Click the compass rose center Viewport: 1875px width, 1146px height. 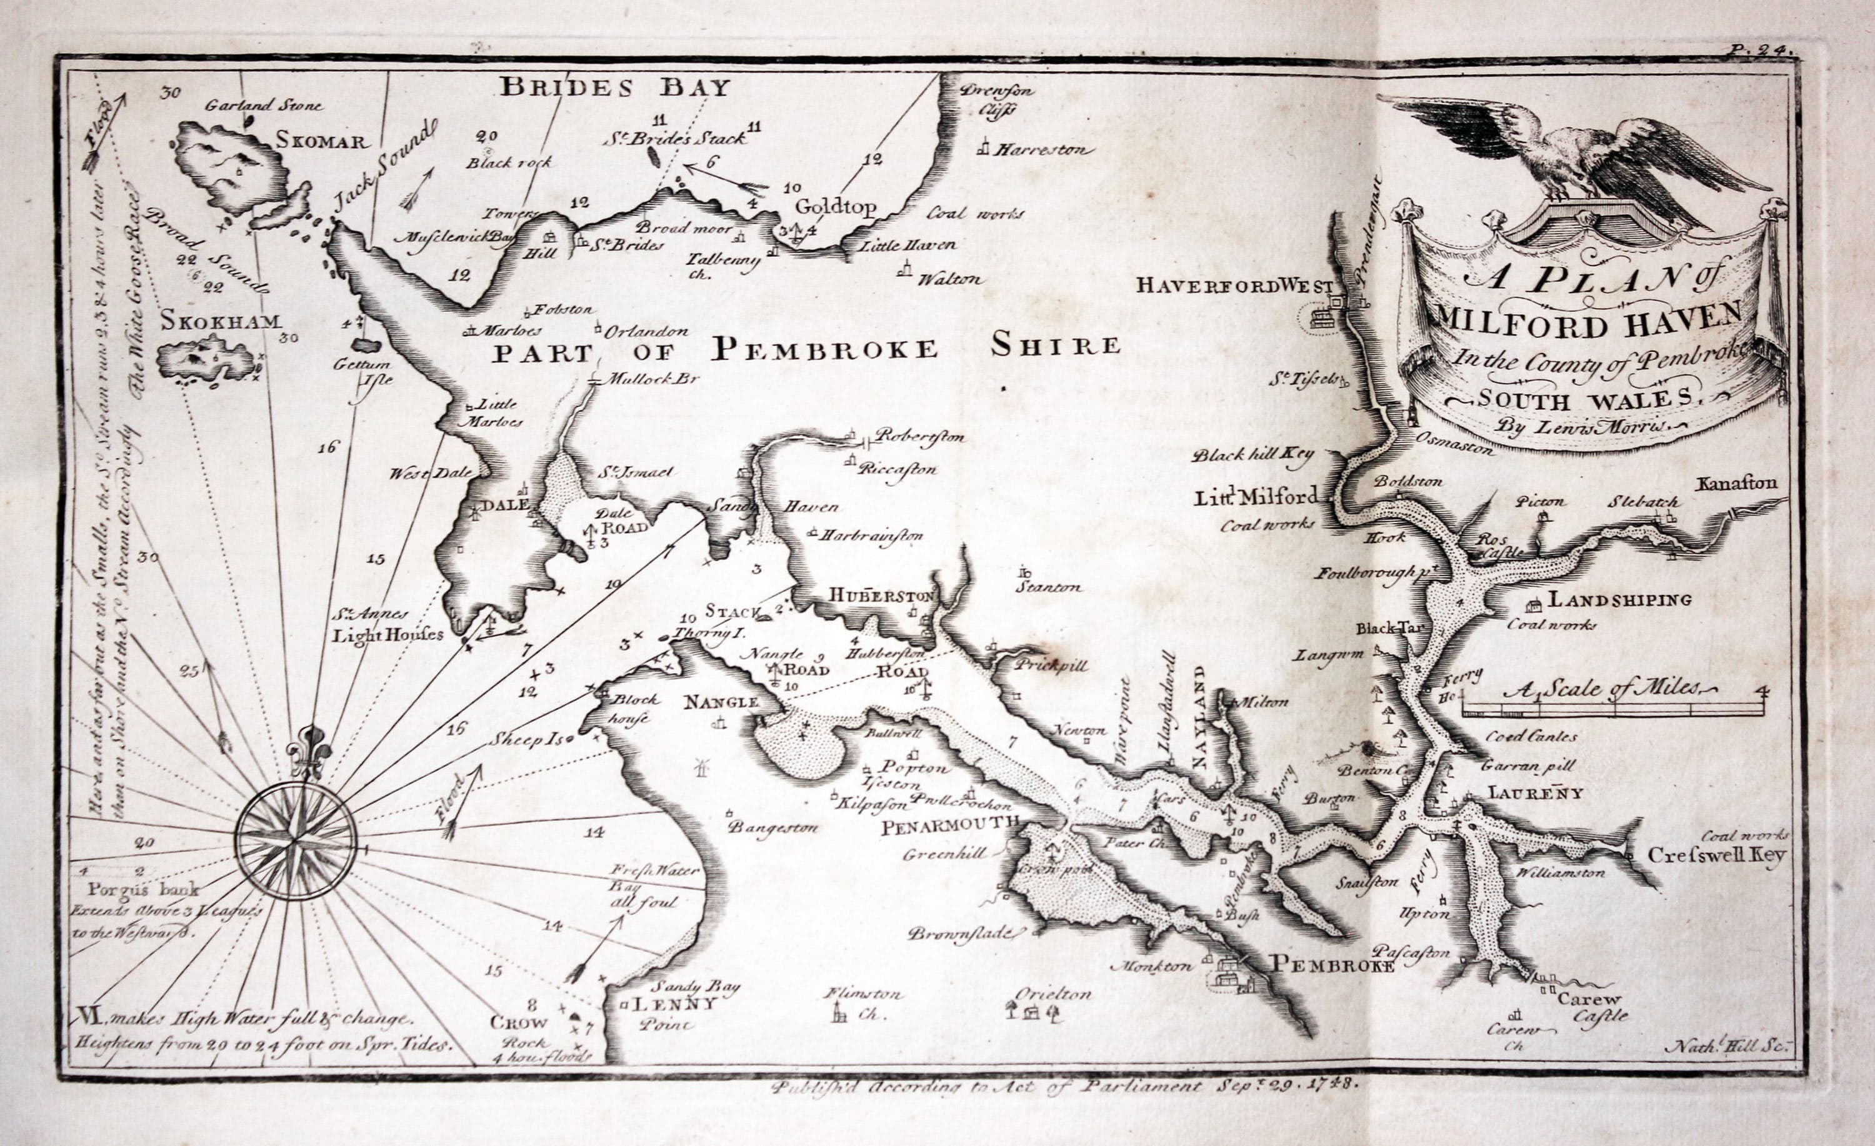click(295, 841)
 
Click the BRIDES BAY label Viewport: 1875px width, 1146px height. click(614, 87)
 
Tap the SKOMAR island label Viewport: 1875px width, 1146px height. click(322, 140)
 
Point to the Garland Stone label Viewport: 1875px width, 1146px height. click(263, 106)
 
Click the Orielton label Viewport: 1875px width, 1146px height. click(1054, 994)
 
